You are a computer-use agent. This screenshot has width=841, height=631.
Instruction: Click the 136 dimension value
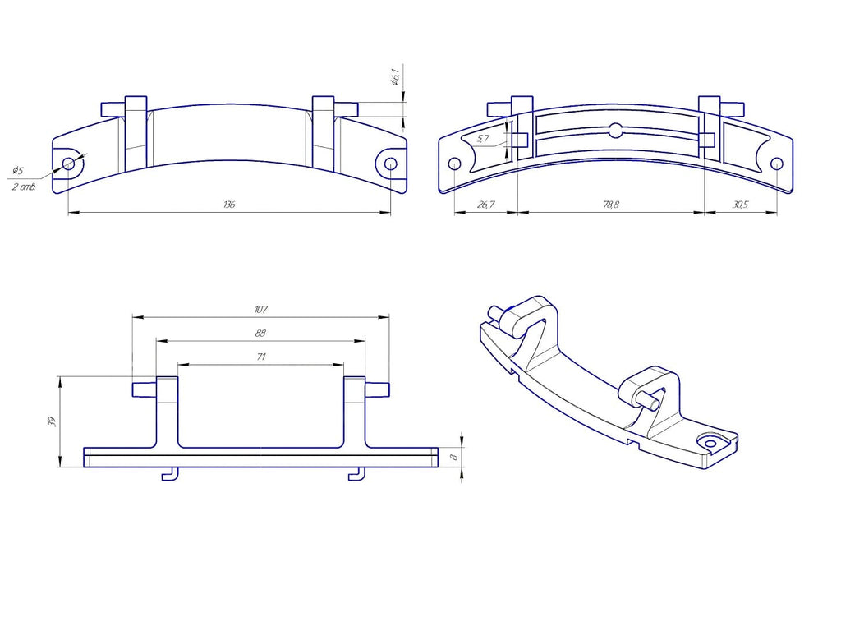point(229,205)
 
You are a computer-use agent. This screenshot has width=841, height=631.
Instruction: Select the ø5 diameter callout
point(18,171)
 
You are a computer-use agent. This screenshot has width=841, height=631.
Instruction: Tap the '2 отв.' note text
point(24,187)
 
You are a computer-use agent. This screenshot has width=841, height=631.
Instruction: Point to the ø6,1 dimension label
point(395,76)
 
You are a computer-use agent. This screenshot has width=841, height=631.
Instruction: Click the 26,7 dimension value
point(485,205)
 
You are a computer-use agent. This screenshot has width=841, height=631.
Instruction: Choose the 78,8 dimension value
point(611,205)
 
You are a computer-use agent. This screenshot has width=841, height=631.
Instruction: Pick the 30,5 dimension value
point(740,205)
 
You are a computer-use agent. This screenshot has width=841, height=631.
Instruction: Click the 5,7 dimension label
point(483,138)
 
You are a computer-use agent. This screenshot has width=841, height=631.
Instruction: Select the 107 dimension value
point(260,310)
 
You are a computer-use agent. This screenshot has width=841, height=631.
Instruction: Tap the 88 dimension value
point(260,334)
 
